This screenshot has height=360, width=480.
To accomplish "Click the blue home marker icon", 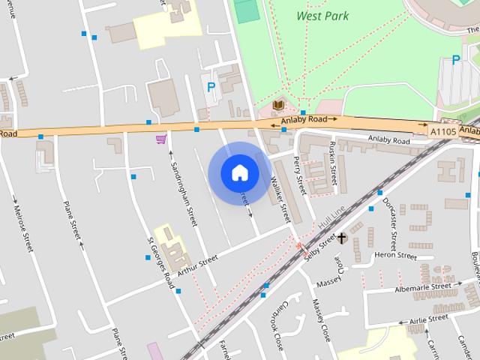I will click(x=239, y=173).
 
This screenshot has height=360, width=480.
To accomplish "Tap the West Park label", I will click(x=322, y=16).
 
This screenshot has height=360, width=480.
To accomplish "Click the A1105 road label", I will click(x=442, y=131).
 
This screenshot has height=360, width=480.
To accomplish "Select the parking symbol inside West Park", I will click(x=455, y=60).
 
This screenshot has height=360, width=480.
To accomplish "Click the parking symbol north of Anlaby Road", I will click(x=211, y=88).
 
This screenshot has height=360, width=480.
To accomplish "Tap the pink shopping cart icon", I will click(x=160, y=139).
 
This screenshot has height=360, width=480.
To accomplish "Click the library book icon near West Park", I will click(x=278, y=106).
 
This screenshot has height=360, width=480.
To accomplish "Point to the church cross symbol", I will click(x=342, y=238).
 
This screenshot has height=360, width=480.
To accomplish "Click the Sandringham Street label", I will click(x=183, y=193).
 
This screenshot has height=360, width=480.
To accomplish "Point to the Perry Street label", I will click(x=301, y=175).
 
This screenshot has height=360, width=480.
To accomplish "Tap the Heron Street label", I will click(x=395, y=256).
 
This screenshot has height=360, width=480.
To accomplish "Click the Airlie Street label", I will click(x=427, y=320).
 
